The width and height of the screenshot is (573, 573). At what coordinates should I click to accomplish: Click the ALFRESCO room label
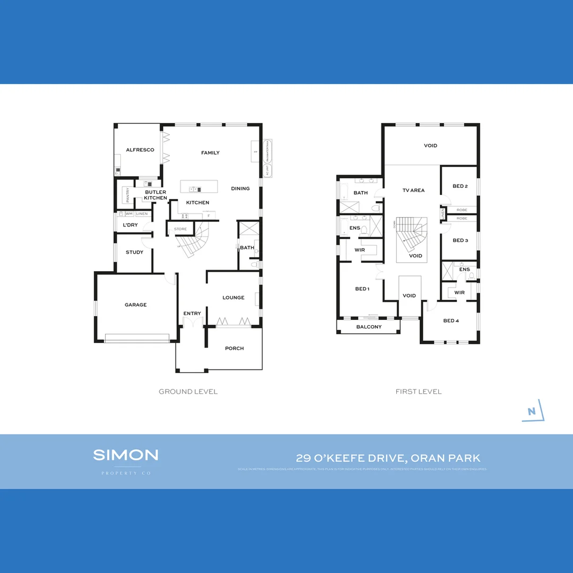(140, 150)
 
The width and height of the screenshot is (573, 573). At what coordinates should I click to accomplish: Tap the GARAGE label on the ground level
(136, 305)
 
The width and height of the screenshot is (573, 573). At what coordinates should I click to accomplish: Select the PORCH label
(234, 348)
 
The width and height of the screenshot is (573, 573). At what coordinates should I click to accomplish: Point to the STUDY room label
(134, 252)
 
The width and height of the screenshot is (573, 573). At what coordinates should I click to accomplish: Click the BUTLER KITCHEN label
(155, 195)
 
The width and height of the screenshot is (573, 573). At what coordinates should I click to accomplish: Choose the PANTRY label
(128, 195)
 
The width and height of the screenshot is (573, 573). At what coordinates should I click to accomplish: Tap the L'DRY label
(130, 225)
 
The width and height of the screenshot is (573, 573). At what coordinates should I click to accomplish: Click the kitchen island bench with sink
(198, 187)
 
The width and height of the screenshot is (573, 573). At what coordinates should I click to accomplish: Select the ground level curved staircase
(193, 242)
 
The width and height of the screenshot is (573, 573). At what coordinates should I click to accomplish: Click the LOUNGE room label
(233, 298)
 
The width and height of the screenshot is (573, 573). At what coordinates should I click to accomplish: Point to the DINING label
(240, 188)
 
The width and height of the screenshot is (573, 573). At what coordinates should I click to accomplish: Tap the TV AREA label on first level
(413, 190)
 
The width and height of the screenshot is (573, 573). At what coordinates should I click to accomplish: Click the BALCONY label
(369, 327)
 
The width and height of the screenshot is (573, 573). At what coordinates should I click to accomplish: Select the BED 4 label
(451, 320)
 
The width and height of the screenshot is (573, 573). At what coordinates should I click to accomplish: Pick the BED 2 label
(459, 186)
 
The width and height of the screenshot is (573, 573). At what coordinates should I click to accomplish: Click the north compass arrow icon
(532, 411)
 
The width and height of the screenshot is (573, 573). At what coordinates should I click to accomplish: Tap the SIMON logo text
(126, 455)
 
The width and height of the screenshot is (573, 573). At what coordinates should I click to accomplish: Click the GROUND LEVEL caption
(188, 392)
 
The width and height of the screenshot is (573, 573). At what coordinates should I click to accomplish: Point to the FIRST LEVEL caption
(418, 392)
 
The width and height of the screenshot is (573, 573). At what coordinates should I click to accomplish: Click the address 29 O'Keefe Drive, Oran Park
(388, 458)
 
